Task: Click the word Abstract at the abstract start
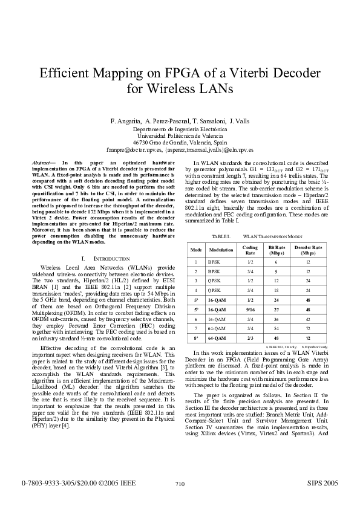[x=42, y=163]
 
